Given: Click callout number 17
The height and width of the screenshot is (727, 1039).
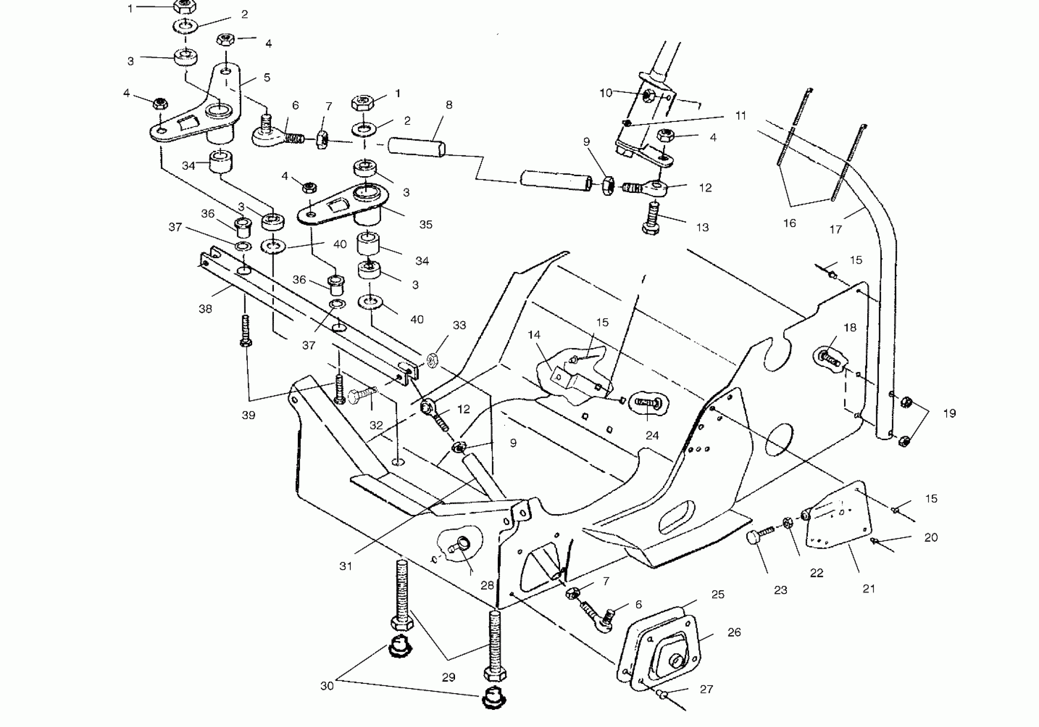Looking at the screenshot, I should [x=835, y=230].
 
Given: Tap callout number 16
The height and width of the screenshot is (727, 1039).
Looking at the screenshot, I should [x=789, y=223].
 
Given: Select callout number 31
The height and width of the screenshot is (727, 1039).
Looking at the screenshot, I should [x=346, y=566].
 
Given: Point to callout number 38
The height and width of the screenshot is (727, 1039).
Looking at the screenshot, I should [x=205, y=309].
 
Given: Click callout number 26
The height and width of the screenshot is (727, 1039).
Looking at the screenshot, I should [x=734, y=632].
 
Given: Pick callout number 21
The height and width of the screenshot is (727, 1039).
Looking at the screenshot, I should [x=869, y=589].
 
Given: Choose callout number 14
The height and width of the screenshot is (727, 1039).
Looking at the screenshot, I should [x=534, y=335].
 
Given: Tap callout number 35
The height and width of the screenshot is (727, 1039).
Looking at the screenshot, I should [x=426, y=225].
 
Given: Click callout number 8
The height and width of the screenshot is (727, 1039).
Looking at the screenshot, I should [x=449, y=105].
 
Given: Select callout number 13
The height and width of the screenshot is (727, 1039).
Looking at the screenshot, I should [x=702, y=228].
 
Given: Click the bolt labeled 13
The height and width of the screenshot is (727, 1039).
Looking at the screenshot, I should [x=651, y=220].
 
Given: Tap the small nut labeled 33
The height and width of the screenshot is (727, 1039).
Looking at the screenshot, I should [x=432, y=360].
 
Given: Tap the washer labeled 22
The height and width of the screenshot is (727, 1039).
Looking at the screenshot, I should [x=787, y=522].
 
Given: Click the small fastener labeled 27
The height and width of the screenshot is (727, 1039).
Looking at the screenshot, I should [x=663, y=694].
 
